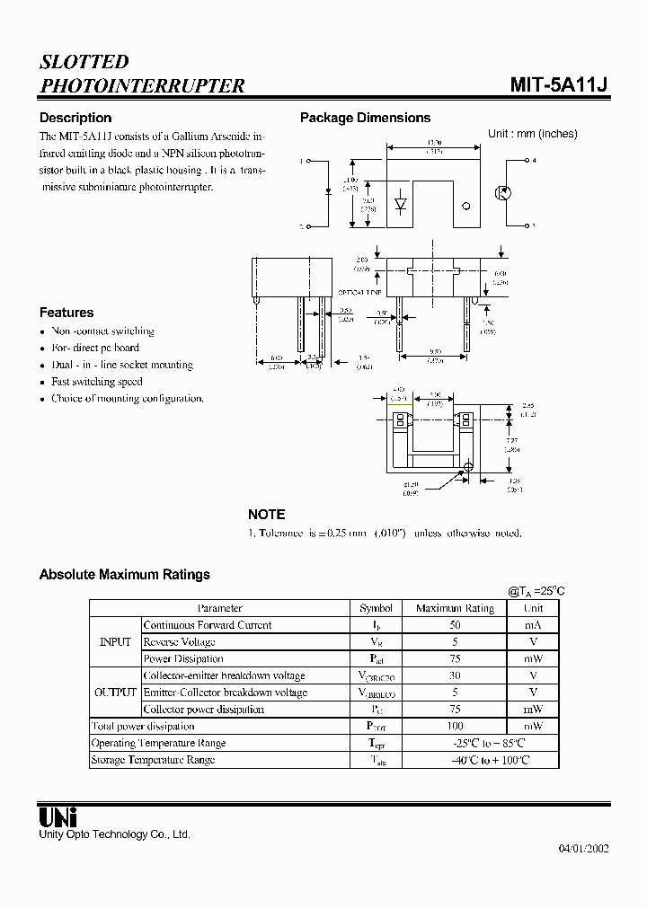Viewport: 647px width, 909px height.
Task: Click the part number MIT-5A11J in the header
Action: coord(559,85)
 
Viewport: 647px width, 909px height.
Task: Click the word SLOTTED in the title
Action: coord(84,62)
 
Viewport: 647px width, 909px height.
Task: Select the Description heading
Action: coord(75,118)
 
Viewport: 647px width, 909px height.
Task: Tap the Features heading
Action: coord(66,313)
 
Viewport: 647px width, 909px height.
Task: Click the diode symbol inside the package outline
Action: coord(401,205)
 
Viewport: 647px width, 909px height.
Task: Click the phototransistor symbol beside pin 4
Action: coord(503,193)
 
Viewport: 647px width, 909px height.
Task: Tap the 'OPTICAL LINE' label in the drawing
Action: coord(359,293)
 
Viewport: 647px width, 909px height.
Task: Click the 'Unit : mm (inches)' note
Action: coord(532,134)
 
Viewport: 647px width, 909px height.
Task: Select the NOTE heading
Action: coord(266,515)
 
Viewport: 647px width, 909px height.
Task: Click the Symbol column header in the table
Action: coord(376,608)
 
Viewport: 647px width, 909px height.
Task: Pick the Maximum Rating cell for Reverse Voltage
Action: coord(455,642)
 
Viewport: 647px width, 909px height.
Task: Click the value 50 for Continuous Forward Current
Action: coord(455,625)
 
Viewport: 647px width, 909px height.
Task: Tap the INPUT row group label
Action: coord(115,642)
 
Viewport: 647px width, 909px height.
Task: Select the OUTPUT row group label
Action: coord(115,693)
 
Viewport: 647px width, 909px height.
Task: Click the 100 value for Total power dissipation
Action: coord(455,726)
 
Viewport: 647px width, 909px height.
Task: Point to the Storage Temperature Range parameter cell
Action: coord(153,760)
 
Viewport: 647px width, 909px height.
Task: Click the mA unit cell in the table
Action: coord(533,625)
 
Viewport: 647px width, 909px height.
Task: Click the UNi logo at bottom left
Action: coord(58,816)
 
